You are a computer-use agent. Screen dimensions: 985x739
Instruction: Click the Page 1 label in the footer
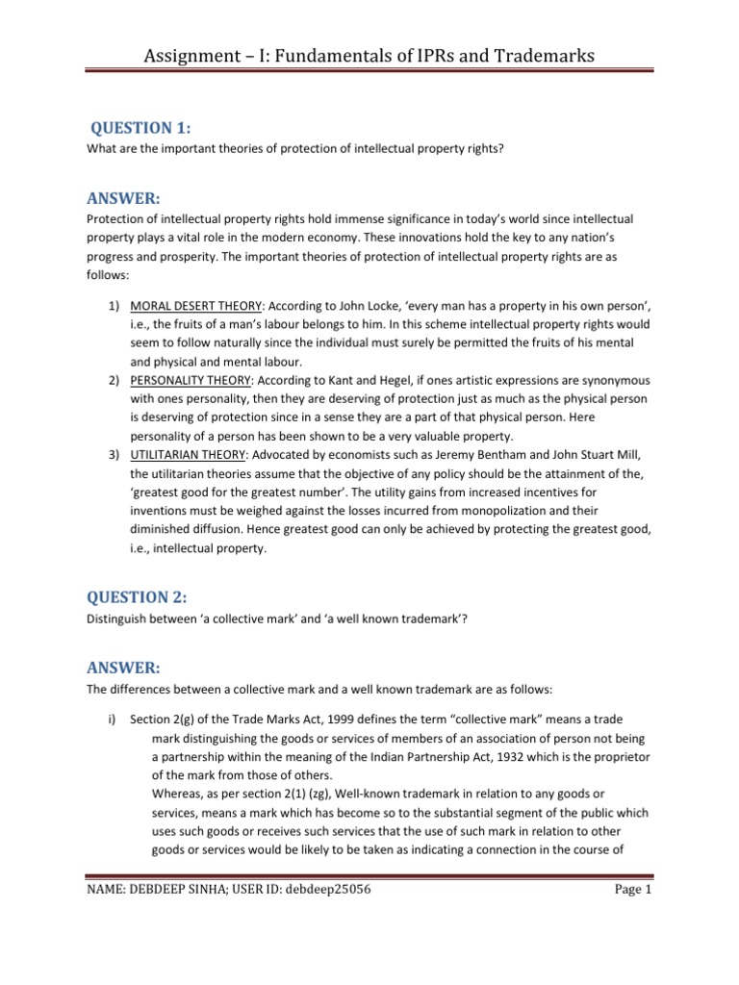coord(634,891)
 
